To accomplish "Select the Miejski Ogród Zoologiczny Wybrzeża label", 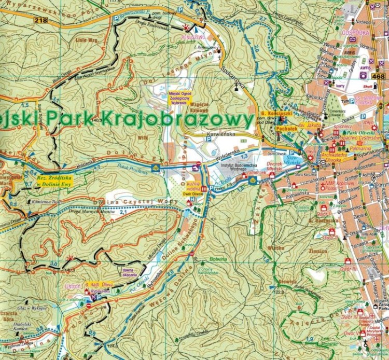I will (x=180, y=98).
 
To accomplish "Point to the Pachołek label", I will (x=286, y=126).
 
